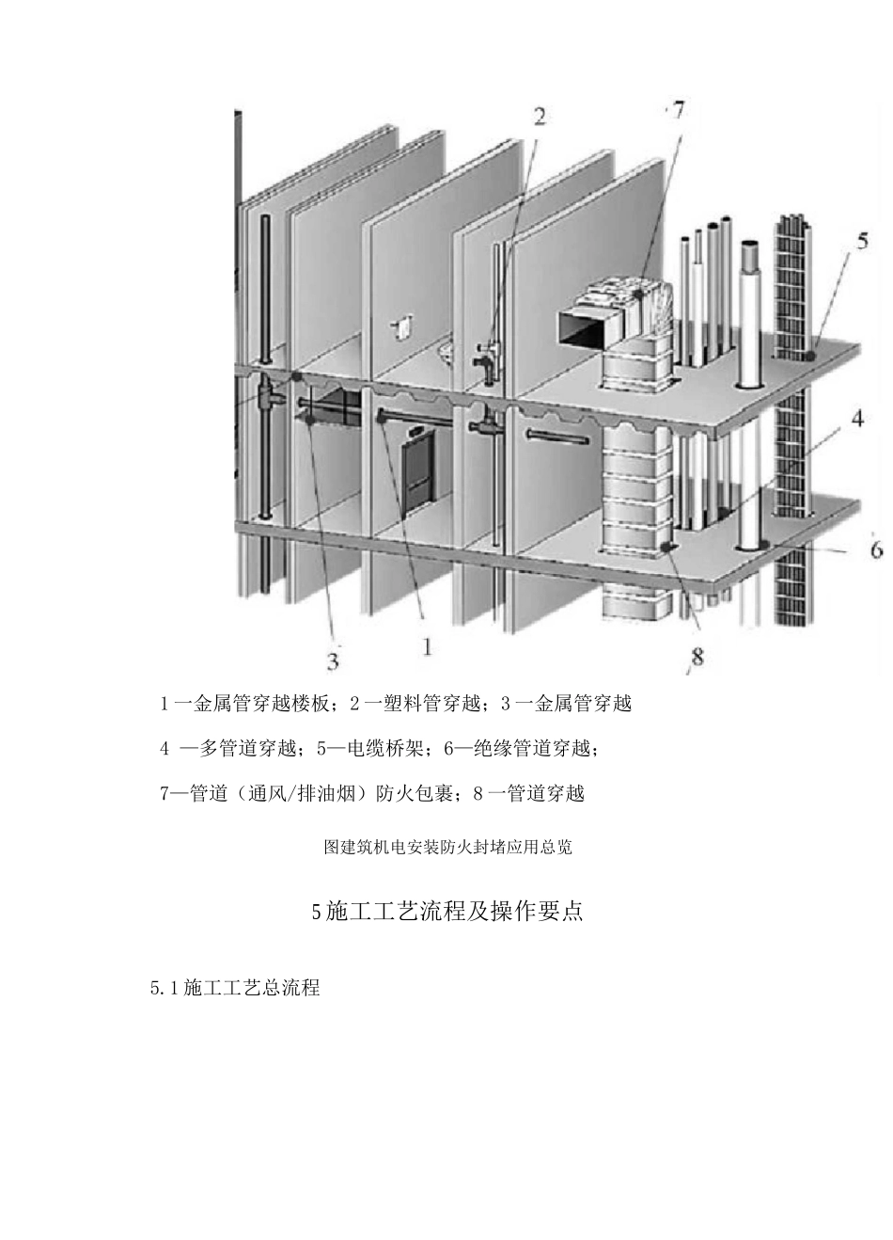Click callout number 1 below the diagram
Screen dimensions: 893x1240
427,647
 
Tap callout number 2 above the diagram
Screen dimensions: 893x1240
540,117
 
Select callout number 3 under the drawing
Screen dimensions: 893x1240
332,661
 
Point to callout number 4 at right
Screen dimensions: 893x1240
857,419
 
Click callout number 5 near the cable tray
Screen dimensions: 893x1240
862,241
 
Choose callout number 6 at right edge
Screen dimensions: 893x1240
875,548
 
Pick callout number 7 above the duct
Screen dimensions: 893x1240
677,110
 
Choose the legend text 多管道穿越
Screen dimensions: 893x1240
247,749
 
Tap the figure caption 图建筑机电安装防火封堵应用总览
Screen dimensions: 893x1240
447,847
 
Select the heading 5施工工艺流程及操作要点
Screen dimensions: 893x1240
446,912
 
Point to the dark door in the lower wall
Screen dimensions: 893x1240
415,470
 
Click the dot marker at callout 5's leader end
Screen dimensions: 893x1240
808,356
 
